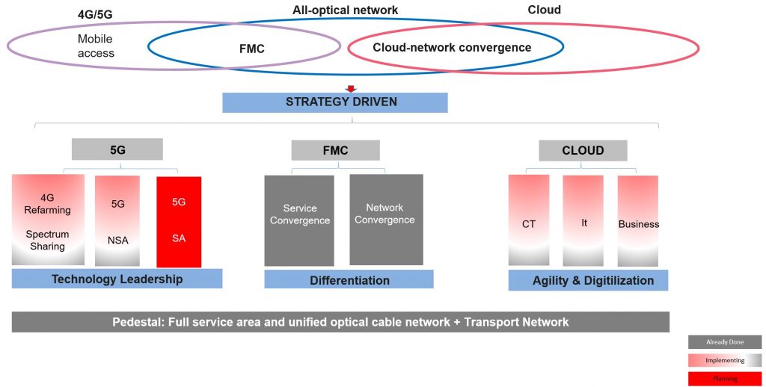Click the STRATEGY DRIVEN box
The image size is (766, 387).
334,102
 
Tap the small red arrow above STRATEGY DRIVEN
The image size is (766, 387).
351,89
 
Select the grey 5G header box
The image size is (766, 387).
117,149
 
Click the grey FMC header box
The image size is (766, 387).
335,150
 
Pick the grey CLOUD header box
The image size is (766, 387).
583,150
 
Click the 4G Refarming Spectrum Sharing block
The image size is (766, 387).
47,221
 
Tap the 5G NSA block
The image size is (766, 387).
117,221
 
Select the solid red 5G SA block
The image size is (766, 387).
179,222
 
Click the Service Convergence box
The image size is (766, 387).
299,220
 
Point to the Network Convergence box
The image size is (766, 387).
385,220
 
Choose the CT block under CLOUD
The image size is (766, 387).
529,221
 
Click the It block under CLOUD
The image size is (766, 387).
583,221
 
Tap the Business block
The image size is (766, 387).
638,222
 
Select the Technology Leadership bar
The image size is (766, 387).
117,279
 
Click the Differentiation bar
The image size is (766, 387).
349,280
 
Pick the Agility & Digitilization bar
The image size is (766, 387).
588,281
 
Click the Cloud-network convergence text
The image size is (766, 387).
452,48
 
